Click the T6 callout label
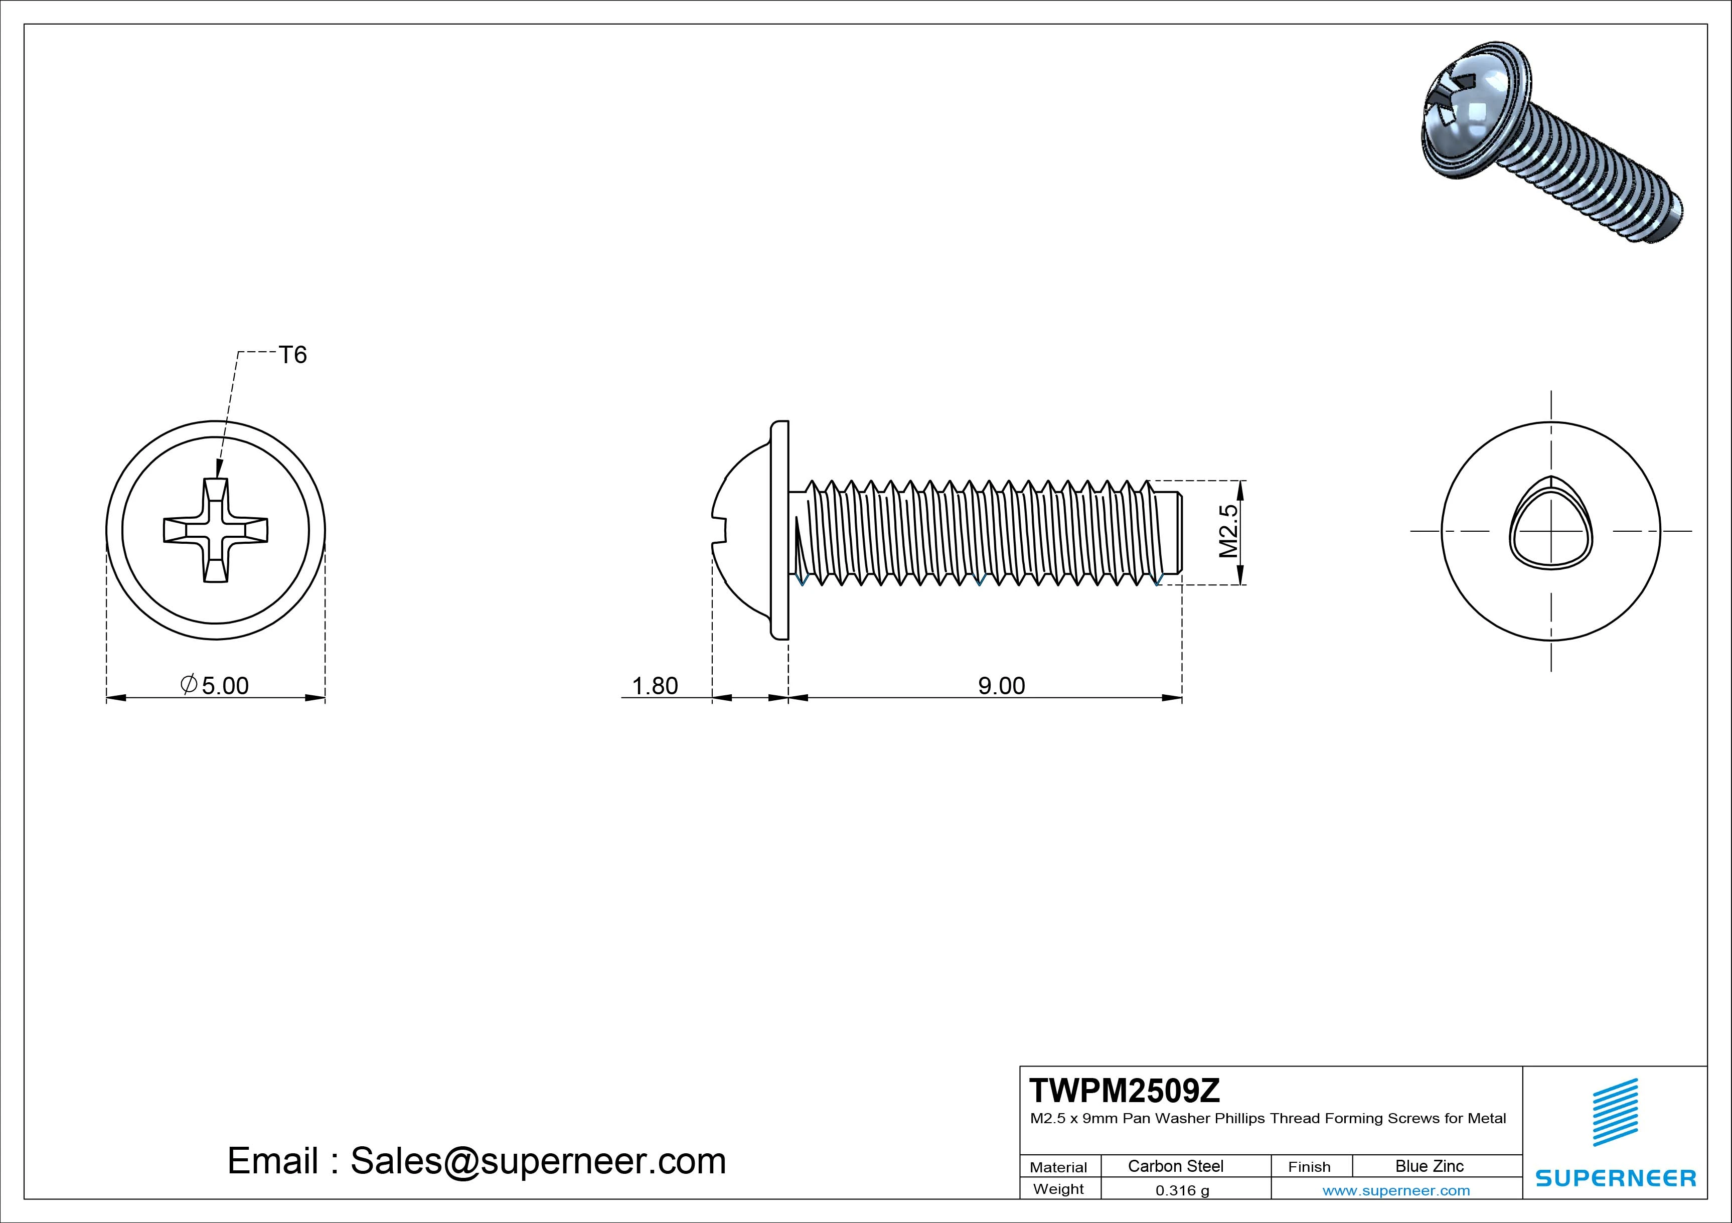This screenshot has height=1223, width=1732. (293, 355)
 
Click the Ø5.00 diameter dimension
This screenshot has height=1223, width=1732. (215, 685)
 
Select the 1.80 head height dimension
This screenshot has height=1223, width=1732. (655, 686)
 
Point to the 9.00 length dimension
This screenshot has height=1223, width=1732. (1001, 686)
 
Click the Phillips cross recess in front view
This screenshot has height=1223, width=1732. (216, 530)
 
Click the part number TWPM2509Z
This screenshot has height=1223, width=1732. (1124, 1091)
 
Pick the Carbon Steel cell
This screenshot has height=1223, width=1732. (1175, 1166)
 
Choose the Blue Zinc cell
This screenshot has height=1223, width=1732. (1430, 1166)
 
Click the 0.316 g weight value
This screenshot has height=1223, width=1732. (1182, 1190)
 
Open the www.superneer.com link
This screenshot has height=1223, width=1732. (1396, 1190)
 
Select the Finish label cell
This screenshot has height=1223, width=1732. (1310, 1166)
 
